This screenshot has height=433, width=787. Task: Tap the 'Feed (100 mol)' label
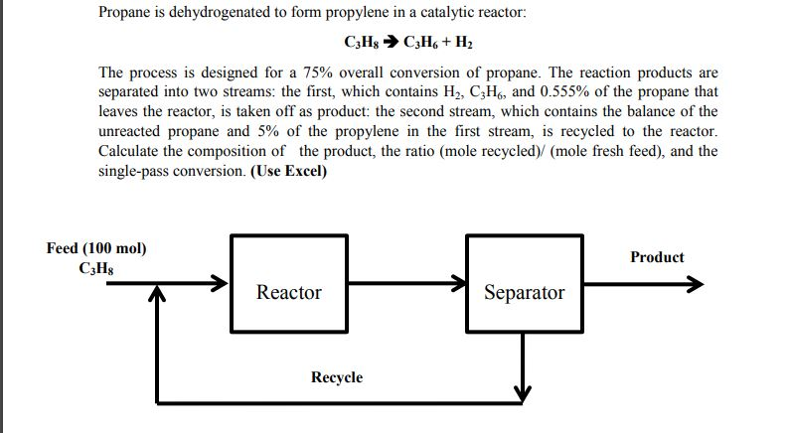[96, 248]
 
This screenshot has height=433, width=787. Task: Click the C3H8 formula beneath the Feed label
[96, 268]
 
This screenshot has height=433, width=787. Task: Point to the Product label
[657, 257]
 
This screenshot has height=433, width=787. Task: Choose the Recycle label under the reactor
[337, 377]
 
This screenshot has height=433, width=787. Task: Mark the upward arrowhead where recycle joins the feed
[156, 296]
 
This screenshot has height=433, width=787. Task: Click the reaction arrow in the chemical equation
[385, 45]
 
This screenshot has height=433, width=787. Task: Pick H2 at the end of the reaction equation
[464, 45]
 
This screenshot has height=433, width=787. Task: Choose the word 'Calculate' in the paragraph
[132, 151]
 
